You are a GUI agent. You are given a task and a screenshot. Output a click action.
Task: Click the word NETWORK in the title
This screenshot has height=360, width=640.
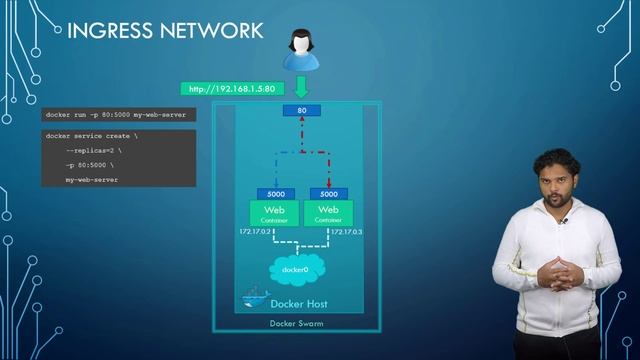tap(211, 31)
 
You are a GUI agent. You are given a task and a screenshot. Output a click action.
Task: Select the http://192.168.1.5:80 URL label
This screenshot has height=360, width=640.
tap(227, 89)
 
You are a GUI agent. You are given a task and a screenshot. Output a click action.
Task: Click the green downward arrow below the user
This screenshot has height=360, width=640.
tap(301, 88)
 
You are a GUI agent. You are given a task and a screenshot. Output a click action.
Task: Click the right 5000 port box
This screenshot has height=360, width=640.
tap(328, 193)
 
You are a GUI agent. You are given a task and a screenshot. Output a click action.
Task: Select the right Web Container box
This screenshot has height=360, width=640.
tap(328, 213)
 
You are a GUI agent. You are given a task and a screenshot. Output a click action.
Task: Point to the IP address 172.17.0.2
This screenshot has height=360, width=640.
tap(255, 232)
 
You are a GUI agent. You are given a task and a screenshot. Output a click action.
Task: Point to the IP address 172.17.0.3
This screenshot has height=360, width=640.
tap(346, 232)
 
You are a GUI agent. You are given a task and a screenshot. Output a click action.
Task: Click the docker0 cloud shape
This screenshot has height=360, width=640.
tap(295, 269)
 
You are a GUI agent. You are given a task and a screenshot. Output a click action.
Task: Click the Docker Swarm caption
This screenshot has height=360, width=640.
tap(295, 324)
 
